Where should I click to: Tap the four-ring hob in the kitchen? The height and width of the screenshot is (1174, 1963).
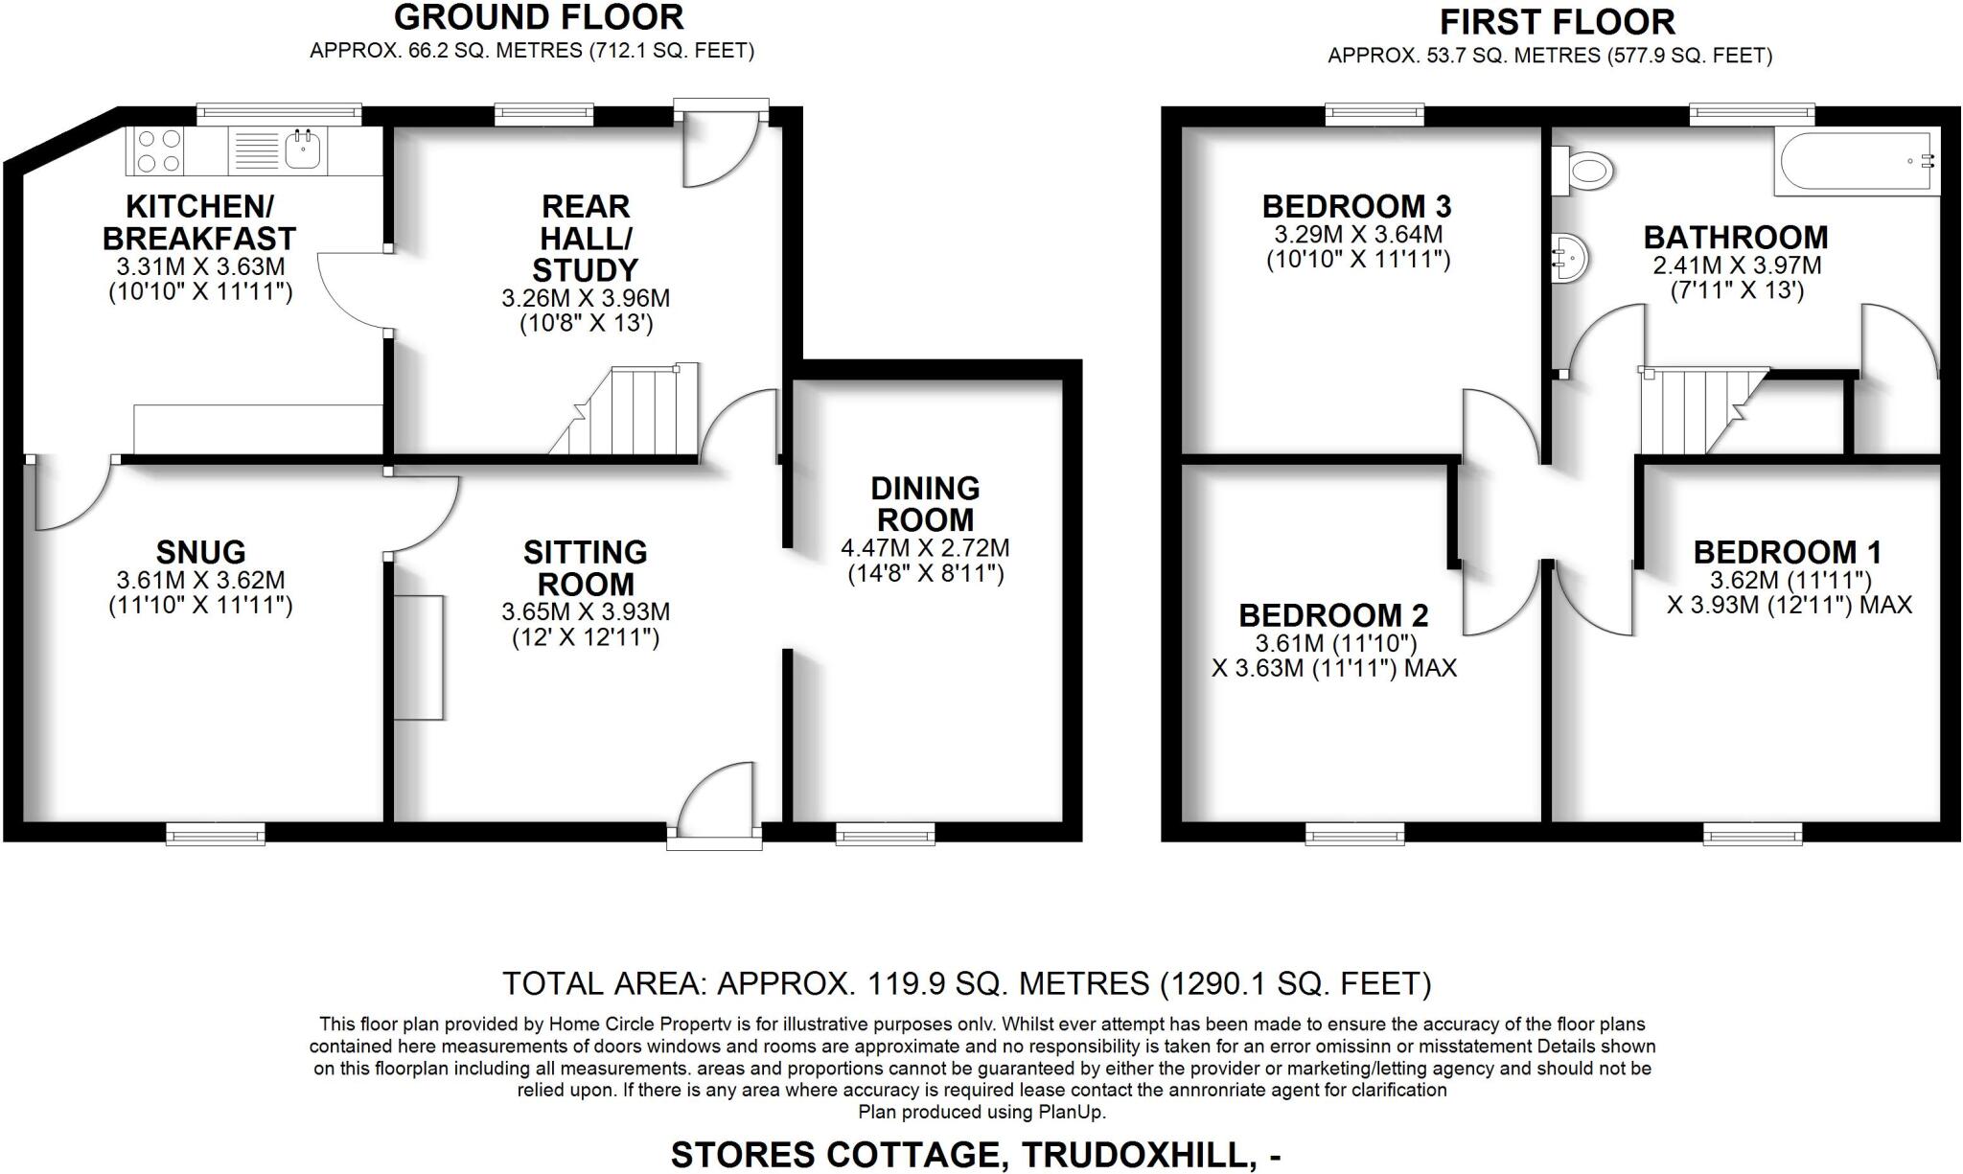click(159, 151)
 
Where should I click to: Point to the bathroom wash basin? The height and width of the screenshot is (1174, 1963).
click(1569, 257)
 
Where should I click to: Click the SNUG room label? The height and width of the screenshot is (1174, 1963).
click(200, 552)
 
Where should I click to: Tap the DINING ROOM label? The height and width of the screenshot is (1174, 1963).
click(925, 504)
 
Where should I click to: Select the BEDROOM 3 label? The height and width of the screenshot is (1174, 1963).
click(1356, 206)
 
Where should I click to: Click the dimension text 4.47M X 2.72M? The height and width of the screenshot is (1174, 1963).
click(925, 549)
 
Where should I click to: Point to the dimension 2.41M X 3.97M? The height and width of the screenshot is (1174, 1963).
click(1736, 265)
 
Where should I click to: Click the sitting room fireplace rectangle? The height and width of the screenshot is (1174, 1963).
click(419, 656)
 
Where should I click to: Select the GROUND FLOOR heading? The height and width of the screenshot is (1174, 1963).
click(539, 17)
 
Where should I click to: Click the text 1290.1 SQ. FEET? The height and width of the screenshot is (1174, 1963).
click(1296, 983)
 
